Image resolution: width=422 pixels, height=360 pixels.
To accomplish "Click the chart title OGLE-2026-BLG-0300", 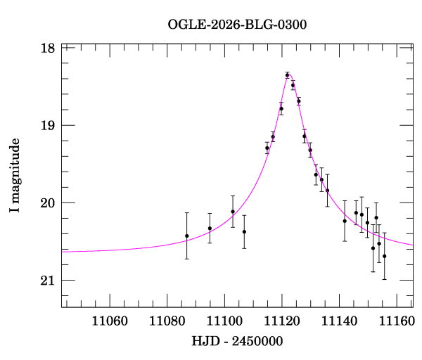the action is click(x=237, y=25).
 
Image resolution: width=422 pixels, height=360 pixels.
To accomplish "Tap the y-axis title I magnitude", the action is click(x=15, y=175).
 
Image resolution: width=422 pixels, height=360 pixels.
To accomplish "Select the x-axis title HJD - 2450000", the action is click(x=237, y=341).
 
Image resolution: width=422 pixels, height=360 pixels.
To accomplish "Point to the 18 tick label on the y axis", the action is click(x=48, y=48).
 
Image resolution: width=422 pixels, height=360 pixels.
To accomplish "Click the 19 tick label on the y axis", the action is click(x=48, y=125).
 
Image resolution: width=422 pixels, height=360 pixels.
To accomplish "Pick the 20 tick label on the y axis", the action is click(x=48, y=203).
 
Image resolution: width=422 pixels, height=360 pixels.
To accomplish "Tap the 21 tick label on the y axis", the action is click(x=48, y=281).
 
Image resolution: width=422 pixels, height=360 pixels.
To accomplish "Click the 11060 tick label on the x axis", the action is click(x=110, y=321).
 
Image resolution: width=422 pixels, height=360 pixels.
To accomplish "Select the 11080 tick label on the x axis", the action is click(x=167, y=321).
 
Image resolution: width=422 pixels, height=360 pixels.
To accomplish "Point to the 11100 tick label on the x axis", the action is click(x=225, y=321).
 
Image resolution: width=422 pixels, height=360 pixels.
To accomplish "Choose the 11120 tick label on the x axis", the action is click(x=282, y=321).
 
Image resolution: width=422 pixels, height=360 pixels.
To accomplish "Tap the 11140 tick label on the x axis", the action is click(x=340, y=321).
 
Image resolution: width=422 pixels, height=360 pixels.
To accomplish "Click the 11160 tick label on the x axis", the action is click(x=397, y=321).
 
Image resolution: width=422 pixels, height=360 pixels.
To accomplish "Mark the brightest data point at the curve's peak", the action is click(x=288, y=75).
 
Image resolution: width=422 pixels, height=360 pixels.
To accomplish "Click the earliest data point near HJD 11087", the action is click(x=187, y=236).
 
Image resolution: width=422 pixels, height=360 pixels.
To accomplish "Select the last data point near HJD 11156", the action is click(x=385, y=256).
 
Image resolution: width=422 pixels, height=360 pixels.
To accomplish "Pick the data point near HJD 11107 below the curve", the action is click(x=244, y=231).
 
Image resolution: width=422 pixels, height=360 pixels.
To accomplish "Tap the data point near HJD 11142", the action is click(x=345, y=221).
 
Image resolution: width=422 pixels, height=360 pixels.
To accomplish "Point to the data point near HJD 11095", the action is click(x=210, y=229).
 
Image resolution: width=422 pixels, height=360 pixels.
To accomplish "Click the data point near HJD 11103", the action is click(x=233, y=212).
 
